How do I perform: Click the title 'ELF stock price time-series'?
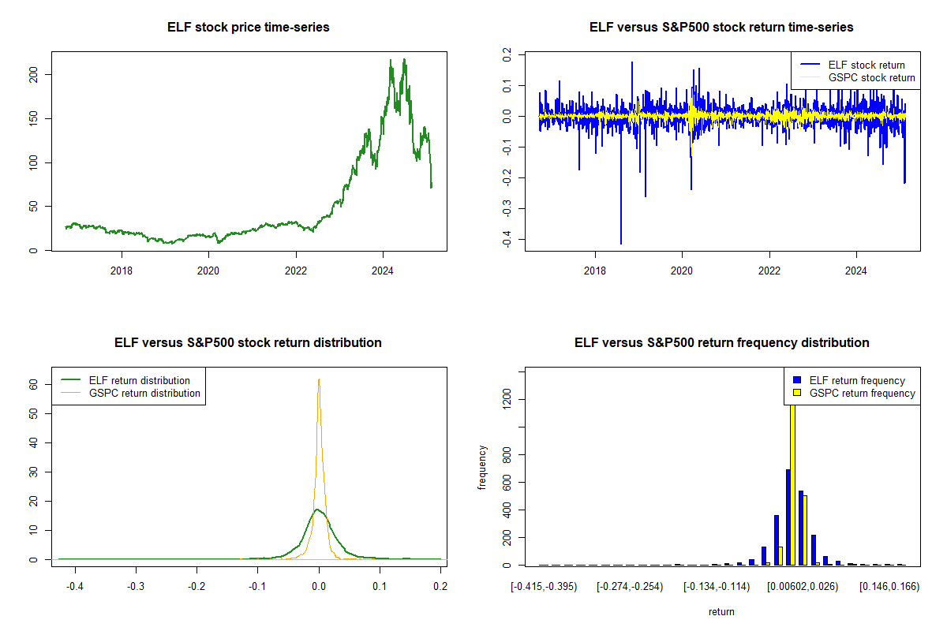[x=249, y=28]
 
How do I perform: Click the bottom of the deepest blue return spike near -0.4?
[x=621, y=244]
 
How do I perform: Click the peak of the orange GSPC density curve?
[x=319, y=379]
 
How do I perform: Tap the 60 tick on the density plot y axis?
[x=34, y=384]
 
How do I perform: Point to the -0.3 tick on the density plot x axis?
[x=136, y=587]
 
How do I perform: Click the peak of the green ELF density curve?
[x=317, y=510]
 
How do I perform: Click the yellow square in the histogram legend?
[x=798, y=393]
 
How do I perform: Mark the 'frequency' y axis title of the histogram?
[x=482, y=468]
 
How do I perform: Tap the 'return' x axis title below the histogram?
[x=721, y=611]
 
